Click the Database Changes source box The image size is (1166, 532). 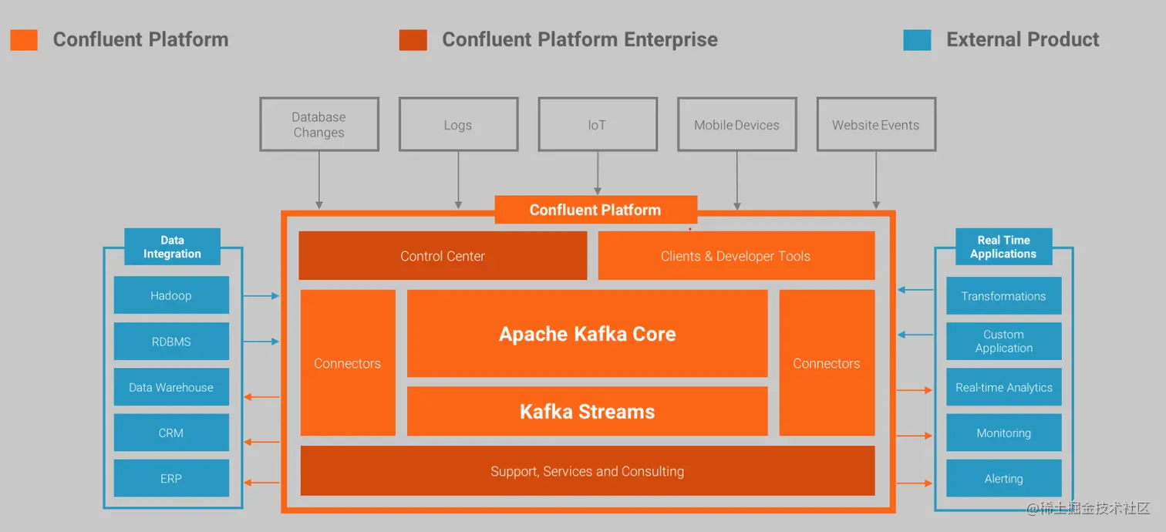click(318, 124)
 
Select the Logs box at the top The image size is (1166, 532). click(458, 124)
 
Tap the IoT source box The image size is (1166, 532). click(598, 124)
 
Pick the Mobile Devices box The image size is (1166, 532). click(736, 124)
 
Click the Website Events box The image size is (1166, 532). click(876, 124)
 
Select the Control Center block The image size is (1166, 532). click(443, 256)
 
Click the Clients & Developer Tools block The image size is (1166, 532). click(736, 256)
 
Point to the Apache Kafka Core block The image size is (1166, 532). click(587, 334)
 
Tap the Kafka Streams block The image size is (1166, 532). click(587, 411)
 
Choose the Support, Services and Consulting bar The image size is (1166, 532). click(587, 471)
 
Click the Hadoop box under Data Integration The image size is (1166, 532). click(171, 295)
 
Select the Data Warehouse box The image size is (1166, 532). click(171, 387)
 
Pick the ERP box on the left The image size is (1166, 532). click(171, 478)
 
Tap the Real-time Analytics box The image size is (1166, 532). click(1003, 387)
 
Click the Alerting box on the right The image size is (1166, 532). click(1003, 478)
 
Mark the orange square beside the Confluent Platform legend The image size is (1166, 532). click(24, 40)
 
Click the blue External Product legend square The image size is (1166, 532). click(917, 40)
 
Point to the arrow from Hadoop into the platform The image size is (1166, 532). click(261, 295)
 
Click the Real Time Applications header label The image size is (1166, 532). click(1003, 247)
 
